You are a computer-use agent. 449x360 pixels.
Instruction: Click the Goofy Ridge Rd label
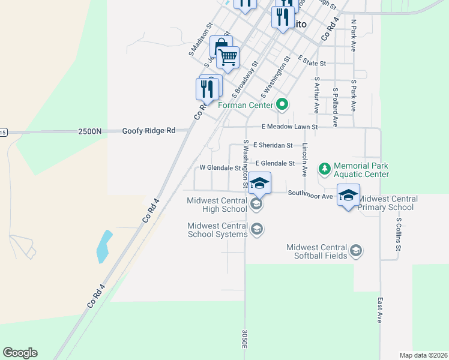click(149, 131)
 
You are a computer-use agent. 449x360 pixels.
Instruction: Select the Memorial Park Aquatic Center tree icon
click(325, 169)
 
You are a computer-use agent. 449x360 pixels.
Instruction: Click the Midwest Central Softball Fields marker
click(356, 251)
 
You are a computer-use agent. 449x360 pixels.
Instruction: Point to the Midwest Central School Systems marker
click(257, 229)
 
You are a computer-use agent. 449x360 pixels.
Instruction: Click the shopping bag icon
click(220, 46)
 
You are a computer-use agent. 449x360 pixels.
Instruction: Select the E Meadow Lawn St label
click(289, 127)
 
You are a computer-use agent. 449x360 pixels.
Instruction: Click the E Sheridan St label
click(273, 145)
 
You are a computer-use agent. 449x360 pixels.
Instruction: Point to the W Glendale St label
click(220, 168)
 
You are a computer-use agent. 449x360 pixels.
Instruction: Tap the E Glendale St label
click(275, 163)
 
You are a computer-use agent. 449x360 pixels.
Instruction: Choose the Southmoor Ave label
click(310, 194)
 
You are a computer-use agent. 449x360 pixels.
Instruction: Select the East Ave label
click(380, 311)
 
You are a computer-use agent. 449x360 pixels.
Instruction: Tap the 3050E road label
click(245, 338)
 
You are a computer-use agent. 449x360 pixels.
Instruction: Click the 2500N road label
click(89, 131)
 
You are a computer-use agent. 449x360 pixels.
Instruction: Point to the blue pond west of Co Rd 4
click(103, 247)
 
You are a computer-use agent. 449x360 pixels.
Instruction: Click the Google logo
click(20, 353)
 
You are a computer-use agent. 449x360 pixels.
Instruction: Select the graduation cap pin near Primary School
click(348, 196)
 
